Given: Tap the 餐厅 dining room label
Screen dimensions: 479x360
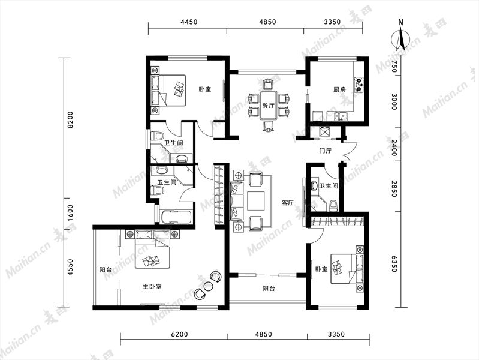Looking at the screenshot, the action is [268, 105].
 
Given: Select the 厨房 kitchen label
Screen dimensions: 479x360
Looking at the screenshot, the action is [339, 89].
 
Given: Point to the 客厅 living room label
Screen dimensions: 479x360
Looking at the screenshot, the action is [288, 203].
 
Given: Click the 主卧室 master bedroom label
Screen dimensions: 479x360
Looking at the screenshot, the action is [152, 287].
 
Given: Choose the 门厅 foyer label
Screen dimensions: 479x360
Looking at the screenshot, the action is [325, 151].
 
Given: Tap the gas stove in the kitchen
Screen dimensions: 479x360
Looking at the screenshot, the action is [359, 84].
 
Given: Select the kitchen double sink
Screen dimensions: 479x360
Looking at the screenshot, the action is [341, 116].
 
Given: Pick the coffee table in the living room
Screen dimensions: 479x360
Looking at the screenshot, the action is [256, 201].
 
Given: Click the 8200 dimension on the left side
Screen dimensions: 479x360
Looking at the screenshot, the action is [70, 119].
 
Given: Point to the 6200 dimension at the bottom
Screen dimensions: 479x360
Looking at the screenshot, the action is [179, 334].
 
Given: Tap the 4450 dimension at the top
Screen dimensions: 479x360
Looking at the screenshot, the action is [189, 22].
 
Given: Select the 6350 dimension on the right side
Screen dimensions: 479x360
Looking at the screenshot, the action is [394, 264].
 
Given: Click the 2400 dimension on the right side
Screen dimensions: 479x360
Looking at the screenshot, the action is [394, 148].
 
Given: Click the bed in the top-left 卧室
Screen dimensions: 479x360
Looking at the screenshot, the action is [168, 91].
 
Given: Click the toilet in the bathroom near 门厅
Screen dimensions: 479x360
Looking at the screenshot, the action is [334, 205].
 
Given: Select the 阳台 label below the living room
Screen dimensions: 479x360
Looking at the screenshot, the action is [269, 288].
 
